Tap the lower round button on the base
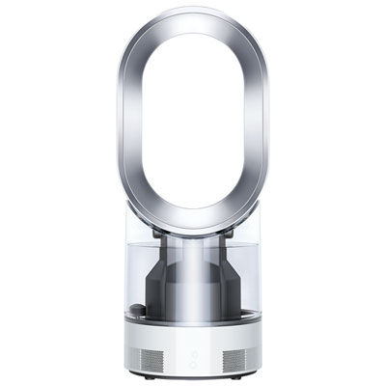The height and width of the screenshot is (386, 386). pos(193,363)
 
